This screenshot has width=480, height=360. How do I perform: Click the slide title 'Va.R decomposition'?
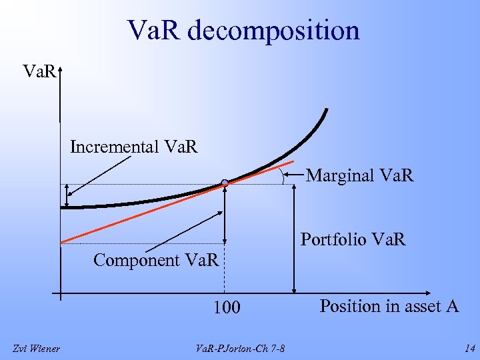244,31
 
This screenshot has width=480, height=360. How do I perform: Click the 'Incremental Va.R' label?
134,146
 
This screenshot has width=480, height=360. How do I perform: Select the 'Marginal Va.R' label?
359,176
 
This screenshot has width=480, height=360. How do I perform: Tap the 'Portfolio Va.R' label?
353,239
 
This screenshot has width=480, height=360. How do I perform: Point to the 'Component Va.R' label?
156,260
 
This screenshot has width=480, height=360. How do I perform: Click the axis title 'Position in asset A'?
389,306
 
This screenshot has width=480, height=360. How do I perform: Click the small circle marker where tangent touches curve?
225,183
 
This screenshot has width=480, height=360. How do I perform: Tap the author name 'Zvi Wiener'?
37,348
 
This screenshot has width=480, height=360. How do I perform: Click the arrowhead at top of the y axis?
60,69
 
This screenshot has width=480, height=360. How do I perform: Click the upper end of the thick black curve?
326,110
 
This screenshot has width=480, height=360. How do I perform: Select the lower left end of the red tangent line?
61,241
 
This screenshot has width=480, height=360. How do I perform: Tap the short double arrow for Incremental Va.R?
67,196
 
